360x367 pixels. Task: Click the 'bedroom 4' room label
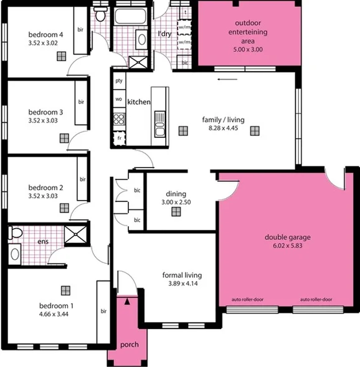pyautogui.click(x=45, y=34)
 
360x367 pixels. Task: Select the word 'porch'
pyautogui.click(x=129, y=345)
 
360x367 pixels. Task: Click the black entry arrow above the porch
pyautogui.click(x=128, y=302)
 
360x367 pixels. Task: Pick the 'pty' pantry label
pyautogui.click(x=118, y=80)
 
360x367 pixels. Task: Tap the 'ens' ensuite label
pyautogui.click(x=44, y=241)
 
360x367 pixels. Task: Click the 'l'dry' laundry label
pyautogui.click(x=164, y=33)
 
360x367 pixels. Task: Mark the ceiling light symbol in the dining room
pyautogui.click(x=176, y=212)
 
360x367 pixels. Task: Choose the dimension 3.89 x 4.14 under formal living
pyautogui.click(x=182, y=284)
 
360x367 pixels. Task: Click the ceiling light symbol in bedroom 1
pyautogui.click(x=65, y=290)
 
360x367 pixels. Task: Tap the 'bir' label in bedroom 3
pyautogui.click(x=80, y=102)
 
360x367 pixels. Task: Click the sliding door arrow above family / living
pyautogui.click(x=223, y=79)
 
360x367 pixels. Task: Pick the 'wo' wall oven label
pyautogui.click(x=118, y=99)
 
